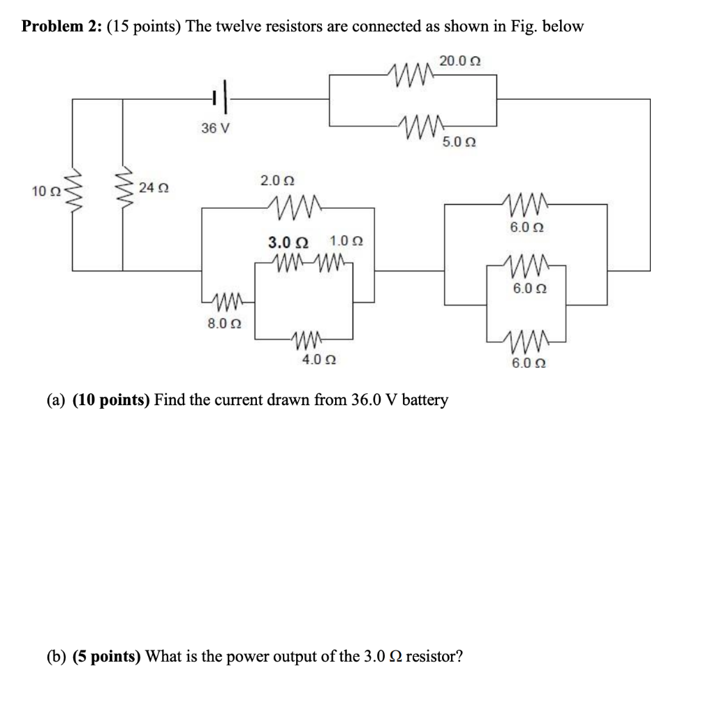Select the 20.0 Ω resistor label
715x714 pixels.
[x=459, y=61]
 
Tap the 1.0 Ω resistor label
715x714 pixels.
[x=346, y=242]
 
